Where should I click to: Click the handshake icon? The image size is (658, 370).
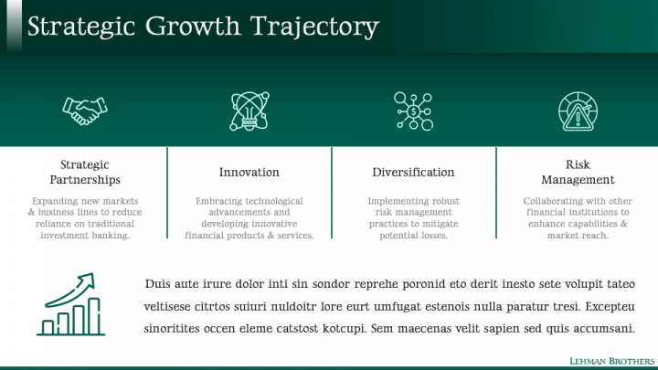pos(85,111)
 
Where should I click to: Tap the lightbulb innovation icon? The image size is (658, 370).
pos(249,111)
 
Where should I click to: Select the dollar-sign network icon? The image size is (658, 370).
pos(413,111)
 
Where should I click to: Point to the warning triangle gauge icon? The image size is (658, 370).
pos(578,111)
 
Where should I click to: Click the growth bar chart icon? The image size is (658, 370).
pos(71,304)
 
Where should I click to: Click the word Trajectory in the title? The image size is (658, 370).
pos(314,26)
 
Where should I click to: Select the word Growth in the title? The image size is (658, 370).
pos(193,26)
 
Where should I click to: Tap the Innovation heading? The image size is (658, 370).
pos(249,172)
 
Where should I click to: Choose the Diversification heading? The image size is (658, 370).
pos(413,172)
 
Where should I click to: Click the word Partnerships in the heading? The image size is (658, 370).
pos(85,180)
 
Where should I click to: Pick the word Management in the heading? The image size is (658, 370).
pos(578,180)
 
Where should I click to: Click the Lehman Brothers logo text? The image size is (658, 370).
pos(611,361)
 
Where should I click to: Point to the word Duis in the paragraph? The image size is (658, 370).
pos(157,284)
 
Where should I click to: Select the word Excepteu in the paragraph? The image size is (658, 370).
pos(610,307)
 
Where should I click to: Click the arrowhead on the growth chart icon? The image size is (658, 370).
pos(87,280)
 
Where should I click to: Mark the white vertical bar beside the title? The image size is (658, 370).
pos(15,26)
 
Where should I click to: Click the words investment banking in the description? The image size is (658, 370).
pos(85,236)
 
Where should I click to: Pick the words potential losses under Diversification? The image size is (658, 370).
pos(413,236)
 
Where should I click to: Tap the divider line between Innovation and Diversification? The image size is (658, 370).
pos(332,193)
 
